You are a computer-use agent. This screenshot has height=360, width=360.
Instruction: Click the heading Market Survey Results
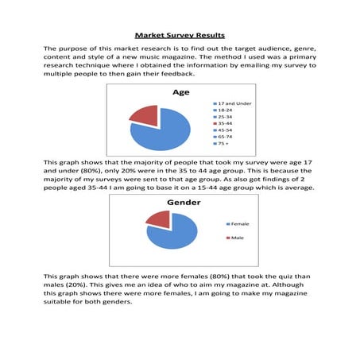tap(180, 35)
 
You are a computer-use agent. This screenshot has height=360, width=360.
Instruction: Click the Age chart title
tap(180, 93)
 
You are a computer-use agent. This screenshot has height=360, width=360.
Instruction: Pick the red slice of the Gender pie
tap(158, 218)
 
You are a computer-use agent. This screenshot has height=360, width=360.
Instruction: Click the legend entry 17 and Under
tap(236, 104)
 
